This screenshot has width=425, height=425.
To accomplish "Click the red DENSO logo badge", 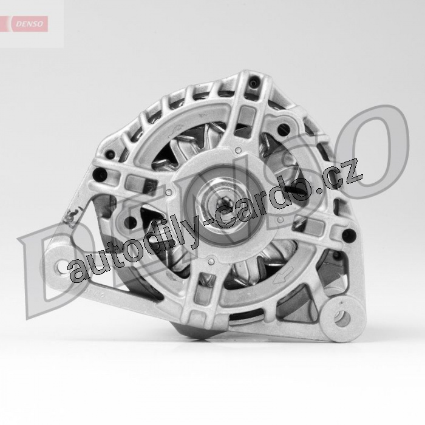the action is click(x=29, y=24).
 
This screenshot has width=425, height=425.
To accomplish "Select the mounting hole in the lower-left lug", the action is click(x=63, y=267).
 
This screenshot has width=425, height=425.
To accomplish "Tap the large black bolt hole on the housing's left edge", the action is click(x=98, y=173).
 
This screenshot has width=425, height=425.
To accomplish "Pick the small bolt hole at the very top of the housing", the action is click(x=254, y=83).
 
